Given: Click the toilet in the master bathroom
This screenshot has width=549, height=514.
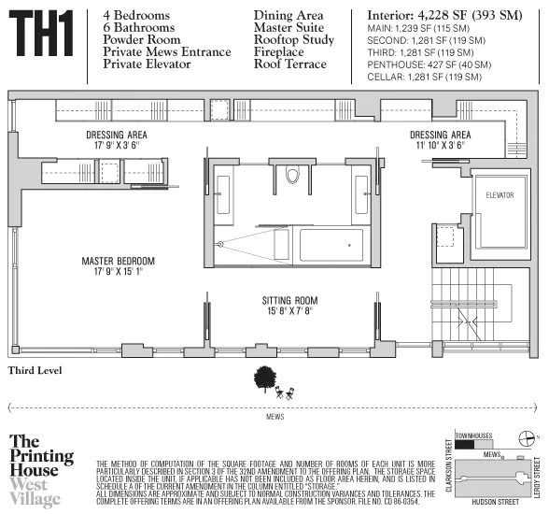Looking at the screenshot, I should pyautogui.click(x=291, y=176).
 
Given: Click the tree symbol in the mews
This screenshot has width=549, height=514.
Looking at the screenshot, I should pyautogui.click(x=266, y=378).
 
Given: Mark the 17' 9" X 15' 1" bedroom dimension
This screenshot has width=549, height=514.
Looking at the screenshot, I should pyautogui.click(x=117, y=272).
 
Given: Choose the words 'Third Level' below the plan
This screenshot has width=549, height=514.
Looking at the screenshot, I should pyautogui.click(x=35, y=371).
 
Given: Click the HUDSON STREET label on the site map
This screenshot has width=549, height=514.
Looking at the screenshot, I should pyautogui.click(x=495, y=497).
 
